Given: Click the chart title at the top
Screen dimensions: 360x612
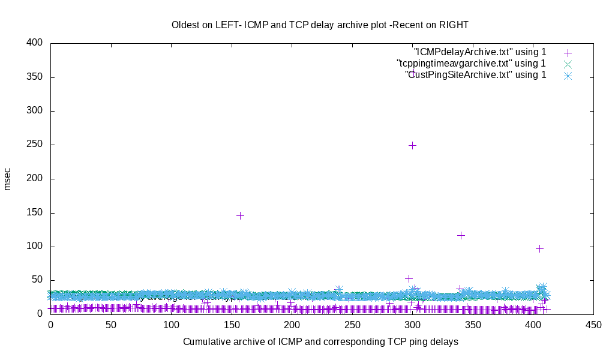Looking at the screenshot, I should pos(320,25).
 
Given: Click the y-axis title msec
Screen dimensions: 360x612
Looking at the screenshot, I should pos(8,179).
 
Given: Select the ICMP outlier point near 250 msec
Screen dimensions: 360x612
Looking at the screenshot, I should pos(412,145).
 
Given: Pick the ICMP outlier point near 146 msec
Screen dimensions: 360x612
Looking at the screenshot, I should pos(240,215).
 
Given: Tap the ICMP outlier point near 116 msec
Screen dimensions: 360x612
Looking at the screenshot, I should pos(461,235).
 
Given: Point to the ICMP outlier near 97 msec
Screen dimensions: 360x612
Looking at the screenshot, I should pos(539,248).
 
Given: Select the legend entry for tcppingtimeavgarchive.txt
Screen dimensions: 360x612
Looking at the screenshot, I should pos(472,63).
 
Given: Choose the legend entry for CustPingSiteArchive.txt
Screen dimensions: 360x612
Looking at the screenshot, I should pos(476,75).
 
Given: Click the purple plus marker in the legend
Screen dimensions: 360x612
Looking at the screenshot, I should pos(568,52).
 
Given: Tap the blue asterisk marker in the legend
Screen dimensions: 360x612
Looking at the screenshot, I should pos(568,75).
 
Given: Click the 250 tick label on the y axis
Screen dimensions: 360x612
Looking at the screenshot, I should pos(35,145).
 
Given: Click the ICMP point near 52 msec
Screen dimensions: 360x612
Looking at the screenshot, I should pos(409,278).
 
